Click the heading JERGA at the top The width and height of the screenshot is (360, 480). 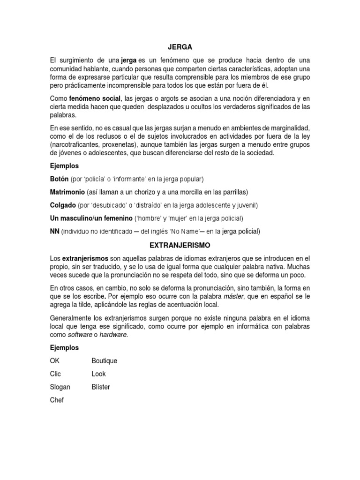180,47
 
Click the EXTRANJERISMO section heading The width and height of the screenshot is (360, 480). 180,245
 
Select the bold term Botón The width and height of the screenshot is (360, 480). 59,179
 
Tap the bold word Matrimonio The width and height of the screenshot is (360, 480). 67,192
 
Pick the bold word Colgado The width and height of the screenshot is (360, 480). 63,205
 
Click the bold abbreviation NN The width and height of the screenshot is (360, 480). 54,232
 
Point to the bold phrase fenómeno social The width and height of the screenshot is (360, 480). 95,99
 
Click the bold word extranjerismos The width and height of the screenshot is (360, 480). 85,258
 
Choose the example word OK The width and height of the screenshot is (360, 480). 55,361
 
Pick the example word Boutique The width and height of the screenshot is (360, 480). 105,361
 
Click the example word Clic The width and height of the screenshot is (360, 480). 55,374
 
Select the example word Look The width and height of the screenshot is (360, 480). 99,374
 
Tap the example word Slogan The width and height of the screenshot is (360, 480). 60,387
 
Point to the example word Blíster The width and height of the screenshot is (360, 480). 101,387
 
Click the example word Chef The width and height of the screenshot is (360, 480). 57,400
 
